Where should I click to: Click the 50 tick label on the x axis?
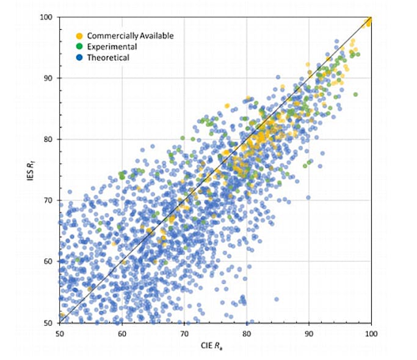[59, 333]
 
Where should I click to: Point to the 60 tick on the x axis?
[122, 333]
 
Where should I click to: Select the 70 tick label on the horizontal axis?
[184, 333]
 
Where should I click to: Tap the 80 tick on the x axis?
[247, 333]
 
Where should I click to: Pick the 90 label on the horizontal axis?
[309, 333]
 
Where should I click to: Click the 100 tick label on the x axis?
[371, 333]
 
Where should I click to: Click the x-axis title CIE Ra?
[215, 347]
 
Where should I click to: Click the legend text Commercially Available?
[130, 36]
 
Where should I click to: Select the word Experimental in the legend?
[112, 47]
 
